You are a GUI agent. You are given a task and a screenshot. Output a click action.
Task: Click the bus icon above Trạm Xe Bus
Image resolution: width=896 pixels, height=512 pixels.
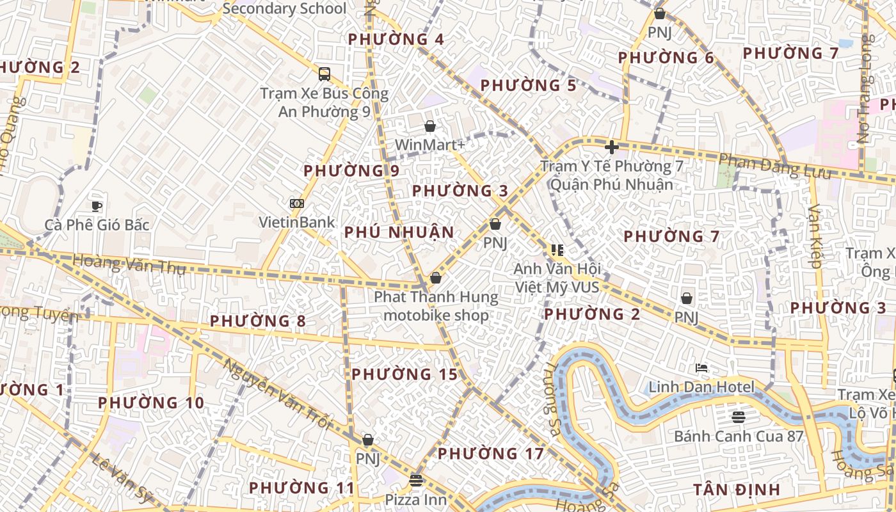tap(324, 74)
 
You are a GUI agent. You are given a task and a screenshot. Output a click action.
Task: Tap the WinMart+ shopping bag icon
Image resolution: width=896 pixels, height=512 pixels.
tap(430, 126)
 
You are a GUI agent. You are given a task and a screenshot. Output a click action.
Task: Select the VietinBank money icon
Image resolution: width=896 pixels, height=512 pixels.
tap(296, 204)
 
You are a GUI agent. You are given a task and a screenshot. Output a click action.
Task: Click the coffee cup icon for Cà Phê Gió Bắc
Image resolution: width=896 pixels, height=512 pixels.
tap(97, 205)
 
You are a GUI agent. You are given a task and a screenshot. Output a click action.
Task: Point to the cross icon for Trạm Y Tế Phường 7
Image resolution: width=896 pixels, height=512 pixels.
tap(612, 147)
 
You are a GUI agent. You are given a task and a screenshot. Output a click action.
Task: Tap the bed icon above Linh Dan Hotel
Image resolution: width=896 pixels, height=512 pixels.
tap(701, 368)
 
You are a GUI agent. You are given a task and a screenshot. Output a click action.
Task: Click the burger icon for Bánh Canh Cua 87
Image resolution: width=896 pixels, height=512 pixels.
tap(739, 417)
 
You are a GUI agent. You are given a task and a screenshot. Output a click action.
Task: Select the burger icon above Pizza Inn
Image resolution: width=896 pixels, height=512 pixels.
tap(416, 480)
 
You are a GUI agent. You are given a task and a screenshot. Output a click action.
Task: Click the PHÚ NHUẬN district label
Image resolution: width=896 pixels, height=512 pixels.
tap(399, 232)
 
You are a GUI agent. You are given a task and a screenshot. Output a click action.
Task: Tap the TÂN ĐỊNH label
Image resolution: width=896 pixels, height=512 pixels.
tap(737, 490)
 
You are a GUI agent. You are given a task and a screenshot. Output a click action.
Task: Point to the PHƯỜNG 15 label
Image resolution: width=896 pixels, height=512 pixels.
tap(404, 374)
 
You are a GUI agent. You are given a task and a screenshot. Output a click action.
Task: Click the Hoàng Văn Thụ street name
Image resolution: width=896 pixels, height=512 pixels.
tap(129, 264)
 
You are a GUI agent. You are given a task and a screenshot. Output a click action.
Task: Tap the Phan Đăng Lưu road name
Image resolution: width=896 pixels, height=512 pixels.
tap(774, 166)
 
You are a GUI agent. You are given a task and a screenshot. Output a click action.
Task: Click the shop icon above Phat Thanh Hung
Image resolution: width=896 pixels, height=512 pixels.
tap(436, 278)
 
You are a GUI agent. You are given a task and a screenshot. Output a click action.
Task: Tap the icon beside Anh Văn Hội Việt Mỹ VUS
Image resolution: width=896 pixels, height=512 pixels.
tap(557, 250)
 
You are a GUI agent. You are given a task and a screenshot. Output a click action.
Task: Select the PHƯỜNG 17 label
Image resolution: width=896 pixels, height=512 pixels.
tap(490, 454)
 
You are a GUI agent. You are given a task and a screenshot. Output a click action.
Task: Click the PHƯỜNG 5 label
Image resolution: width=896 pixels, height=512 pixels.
tap(528, 86)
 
